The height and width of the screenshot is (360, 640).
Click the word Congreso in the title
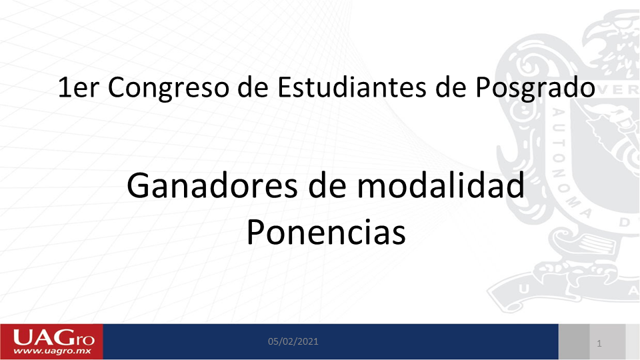coord(168,88)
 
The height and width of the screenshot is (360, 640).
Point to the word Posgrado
coord(535,88)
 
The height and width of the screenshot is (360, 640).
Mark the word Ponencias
coord(326,232)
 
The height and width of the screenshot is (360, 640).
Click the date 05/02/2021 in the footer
coord(293,341)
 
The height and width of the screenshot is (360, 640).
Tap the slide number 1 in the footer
coord(599,344)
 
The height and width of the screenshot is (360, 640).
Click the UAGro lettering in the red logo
coord(53,338)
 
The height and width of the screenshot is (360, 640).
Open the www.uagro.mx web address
coord(52,351)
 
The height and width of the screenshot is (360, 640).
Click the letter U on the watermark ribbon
coord(524,289)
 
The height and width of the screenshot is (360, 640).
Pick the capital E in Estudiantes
coord(285,87)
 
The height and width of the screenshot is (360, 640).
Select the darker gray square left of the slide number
coord(574,341)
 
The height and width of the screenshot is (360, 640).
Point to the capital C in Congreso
coord(117,87)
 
